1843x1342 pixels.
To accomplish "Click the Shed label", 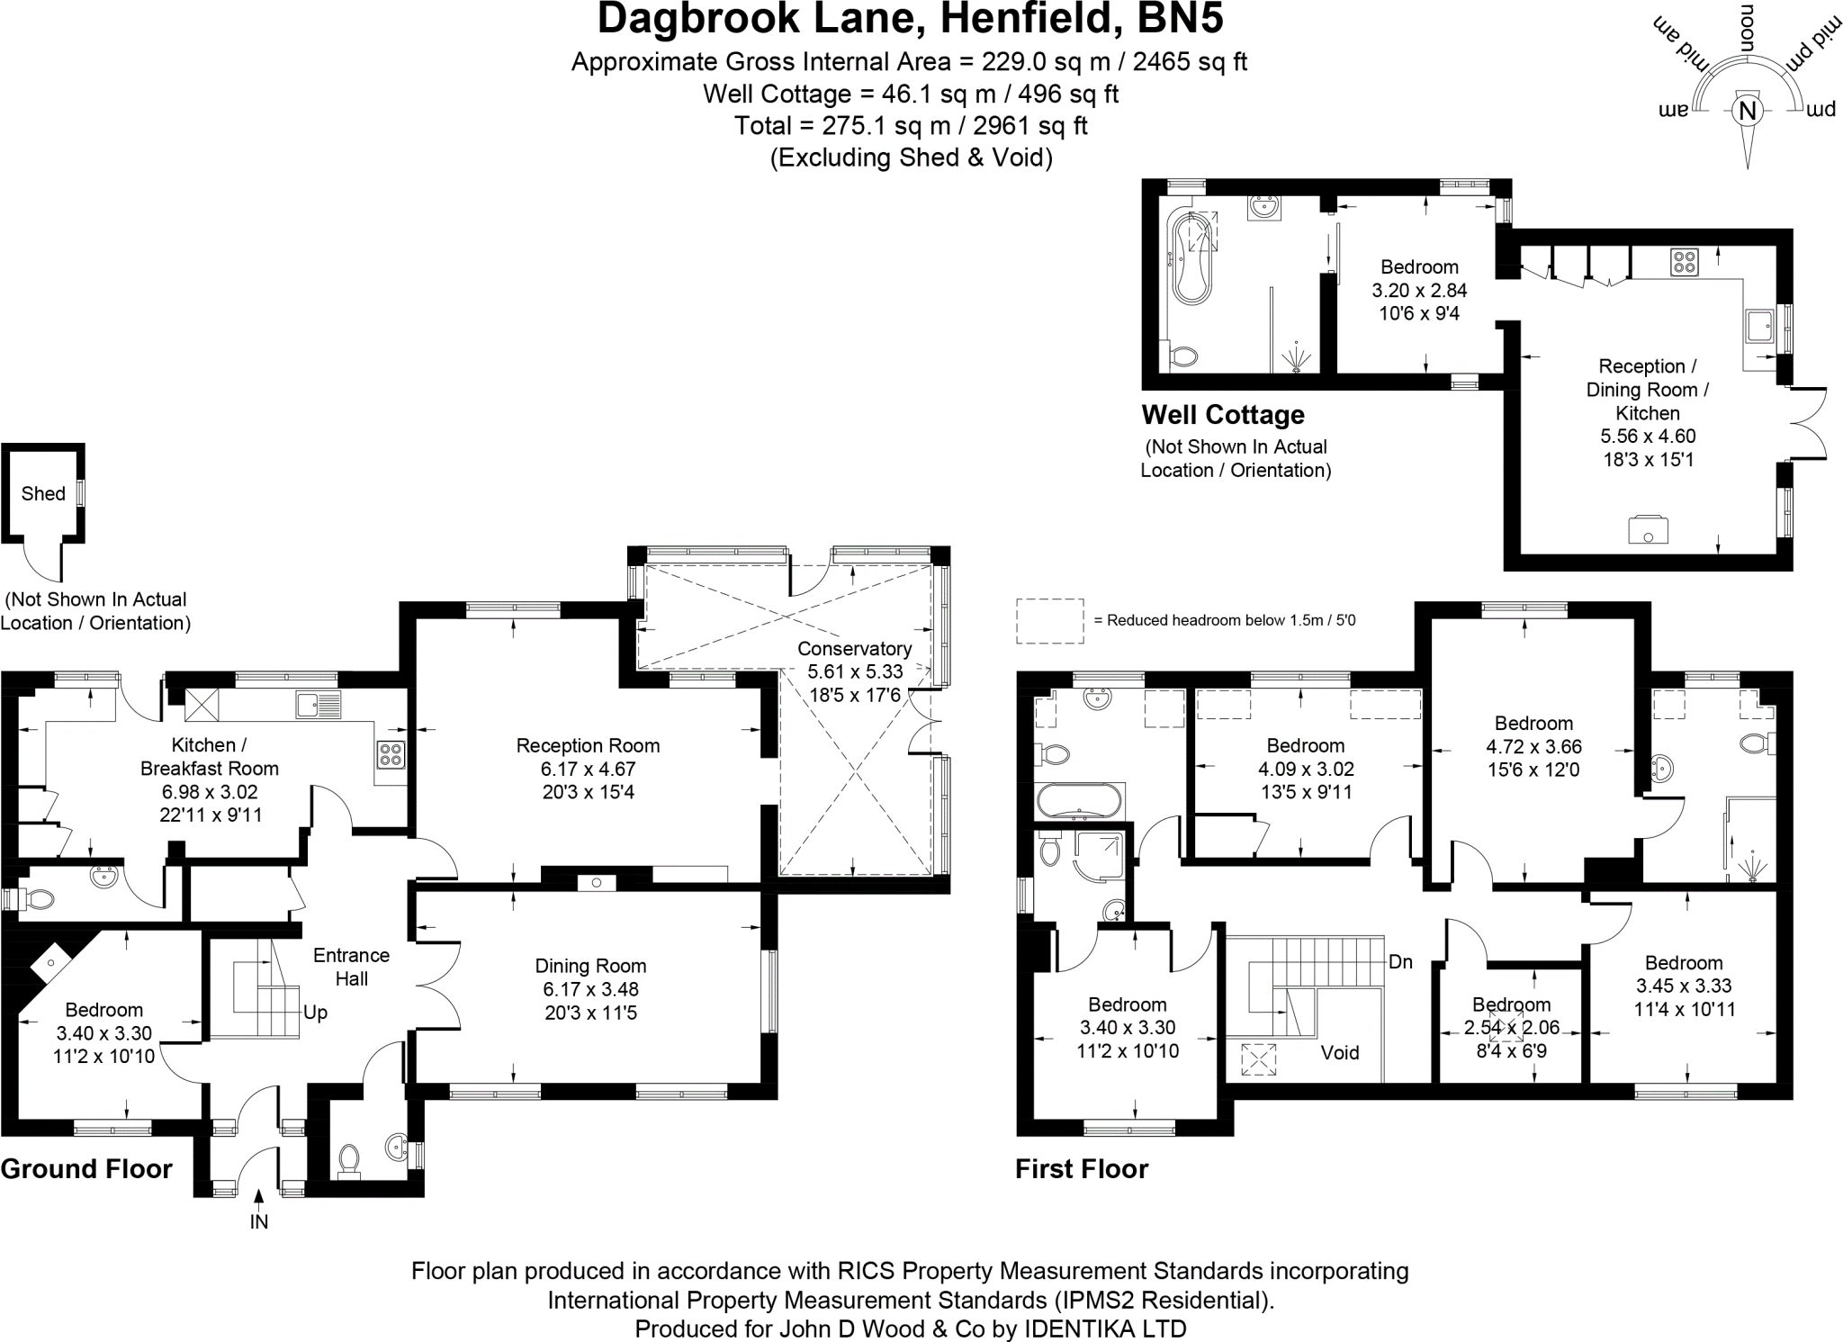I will click(43, 493).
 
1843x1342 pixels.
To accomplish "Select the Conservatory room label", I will click(854, 648).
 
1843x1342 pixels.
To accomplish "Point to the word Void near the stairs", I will click(1340, 1052).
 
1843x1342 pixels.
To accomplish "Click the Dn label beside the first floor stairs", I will click(1400, 961).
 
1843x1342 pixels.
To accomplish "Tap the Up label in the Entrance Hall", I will click(315, 1013).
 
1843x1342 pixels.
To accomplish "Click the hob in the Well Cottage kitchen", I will click(1685, 262).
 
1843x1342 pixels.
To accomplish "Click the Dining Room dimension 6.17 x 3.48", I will click(590, 989).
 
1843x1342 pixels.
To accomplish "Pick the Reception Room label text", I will click(588, 745).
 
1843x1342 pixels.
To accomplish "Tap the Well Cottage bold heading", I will click(1222, 415).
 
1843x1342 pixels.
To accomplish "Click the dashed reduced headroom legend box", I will click(1049, 621).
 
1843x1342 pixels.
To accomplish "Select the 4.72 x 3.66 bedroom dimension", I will click(1533, 746).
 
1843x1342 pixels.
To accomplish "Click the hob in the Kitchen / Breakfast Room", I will click(390, 753).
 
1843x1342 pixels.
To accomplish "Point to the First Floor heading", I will click(1082, 1169).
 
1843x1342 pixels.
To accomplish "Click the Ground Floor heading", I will click(86, 1169).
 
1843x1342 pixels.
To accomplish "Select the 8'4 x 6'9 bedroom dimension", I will click(1511, 1050).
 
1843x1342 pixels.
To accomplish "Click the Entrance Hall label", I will click(351, 967).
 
